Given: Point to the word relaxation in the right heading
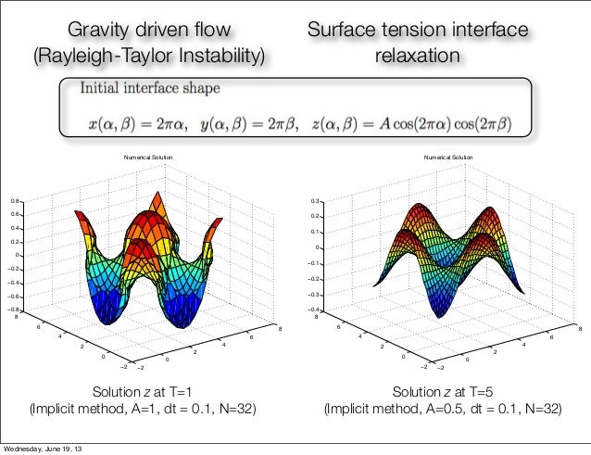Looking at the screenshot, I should pyautogui.click(x=417, y=57).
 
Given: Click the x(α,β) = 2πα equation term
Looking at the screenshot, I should pyautogui.click(x=144, y=123).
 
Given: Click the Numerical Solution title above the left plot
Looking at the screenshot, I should pyautogui.click(x=149, y=158).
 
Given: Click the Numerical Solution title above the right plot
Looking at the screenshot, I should pyautogui.click(x=448, y=158).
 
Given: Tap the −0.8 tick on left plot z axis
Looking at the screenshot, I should pyautogui.click(x=15, y=309).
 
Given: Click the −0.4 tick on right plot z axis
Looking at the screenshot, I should pyautogui.click(x=314, y=310).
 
